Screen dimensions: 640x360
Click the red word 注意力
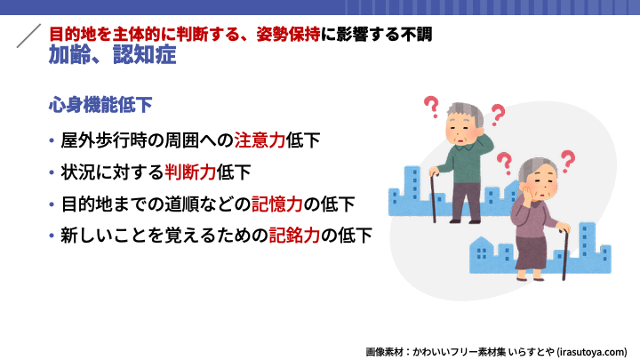tap(260, 140)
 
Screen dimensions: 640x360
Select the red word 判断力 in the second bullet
tap(190, 172)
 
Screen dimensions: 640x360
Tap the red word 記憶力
tap(277, 204)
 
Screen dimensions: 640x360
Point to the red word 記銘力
tap(294, 236)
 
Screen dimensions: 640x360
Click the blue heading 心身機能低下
tap(100, 105)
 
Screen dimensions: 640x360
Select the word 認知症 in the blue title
tap(145, 55)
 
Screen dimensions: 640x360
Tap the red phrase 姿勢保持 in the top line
tap(289, 35)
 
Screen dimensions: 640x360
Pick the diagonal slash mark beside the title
tap(28, 36)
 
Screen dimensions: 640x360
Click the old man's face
tap(461, 132)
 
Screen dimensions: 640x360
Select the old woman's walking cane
tap(565, 254)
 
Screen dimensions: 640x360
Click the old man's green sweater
tap(463, 164)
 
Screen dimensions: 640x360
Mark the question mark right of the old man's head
tap(498, 115)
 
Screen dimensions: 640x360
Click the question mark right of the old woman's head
tap(568, 161)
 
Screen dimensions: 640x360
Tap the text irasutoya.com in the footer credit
tap(591, 352)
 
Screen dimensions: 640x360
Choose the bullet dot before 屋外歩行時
tap(52, 140)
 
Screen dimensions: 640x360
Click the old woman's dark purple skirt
tap(531, 253)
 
